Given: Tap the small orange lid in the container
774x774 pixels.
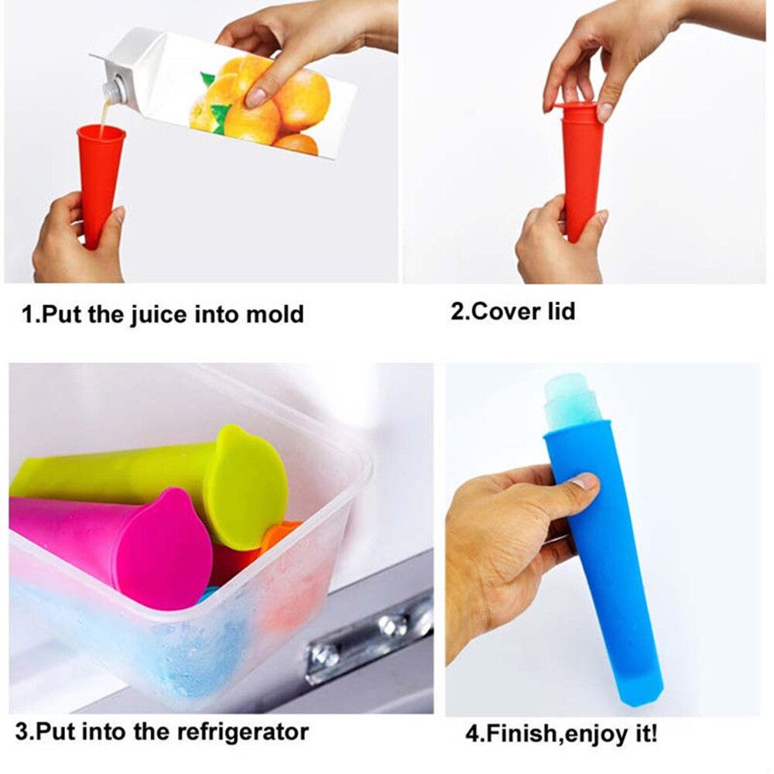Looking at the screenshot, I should tap(279, 534).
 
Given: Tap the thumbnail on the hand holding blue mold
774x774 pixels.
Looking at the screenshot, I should tap(584, 481).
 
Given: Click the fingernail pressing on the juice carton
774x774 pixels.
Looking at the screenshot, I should tap(255, 97).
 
